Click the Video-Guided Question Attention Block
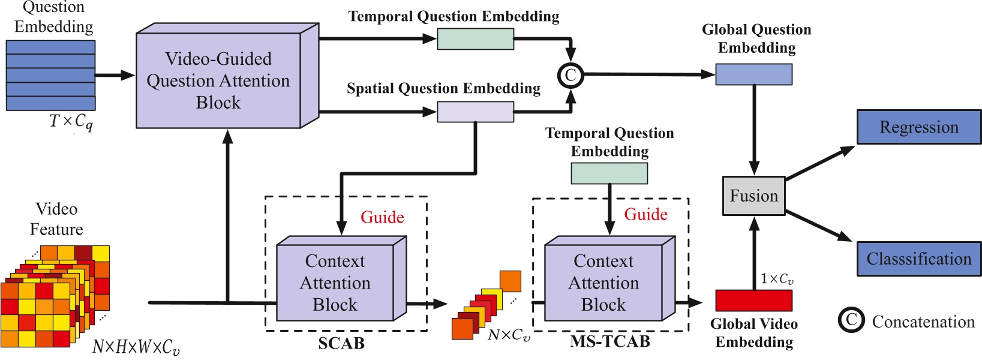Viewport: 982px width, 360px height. pos(218,80)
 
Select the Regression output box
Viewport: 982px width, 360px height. pos(918,127)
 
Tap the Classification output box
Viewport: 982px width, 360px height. pos(918,259)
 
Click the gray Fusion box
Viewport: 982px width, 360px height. pos(753,196)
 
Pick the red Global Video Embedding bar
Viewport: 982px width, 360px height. pos(753,300)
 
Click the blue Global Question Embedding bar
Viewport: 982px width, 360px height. pos(753,74)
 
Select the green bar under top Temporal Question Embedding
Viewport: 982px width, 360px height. pos(475,39)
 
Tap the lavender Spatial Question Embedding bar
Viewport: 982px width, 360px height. pos(475,112)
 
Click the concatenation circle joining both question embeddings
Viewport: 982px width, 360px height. pos(570,75)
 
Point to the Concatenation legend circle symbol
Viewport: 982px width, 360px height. pos(851,320)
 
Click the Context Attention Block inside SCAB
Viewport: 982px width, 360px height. pos(335,283)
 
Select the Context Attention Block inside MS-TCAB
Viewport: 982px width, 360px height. pos(603,283)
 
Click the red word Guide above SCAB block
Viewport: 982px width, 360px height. pos(382,217)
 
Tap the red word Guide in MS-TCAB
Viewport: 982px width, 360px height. pos(645,214)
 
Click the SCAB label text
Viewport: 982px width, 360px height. pos(341,343)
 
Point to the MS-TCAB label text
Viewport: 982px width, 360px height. pos(609,341)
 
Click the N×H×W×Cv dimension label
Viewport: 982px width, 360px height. pos(136,347)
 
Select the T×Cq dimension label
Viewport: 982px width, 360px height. pos(71,122)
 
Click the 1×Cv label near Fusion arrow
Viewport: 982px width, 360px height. pos(777,279)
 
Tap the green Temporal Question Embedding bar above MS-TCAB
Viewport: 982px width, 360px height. pos(609,173)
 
